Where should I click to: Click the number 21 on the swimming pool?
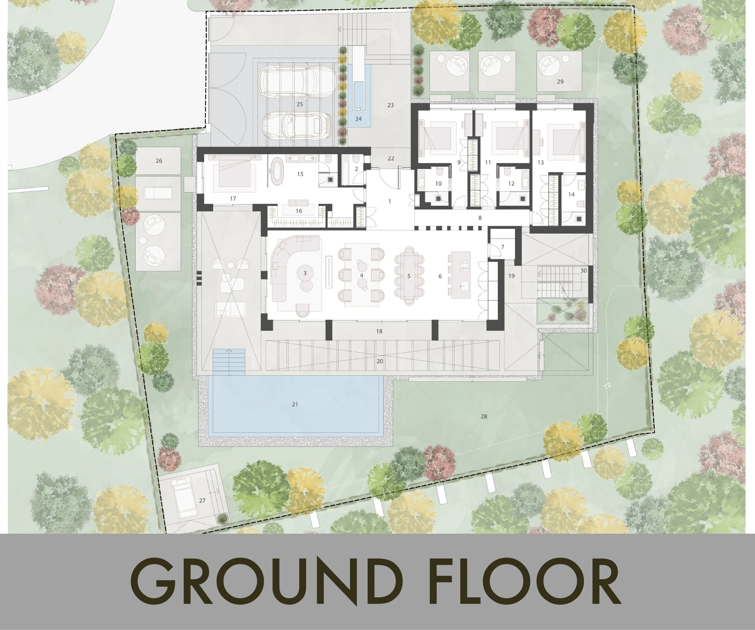point(295,404)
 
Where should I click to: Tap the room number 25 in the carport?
point(300,104)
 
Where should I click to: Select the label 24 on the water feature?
point(358,119)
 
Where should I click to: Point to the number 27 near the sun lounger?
point(202,500)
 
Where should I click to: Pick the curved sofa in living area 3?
point(288,268)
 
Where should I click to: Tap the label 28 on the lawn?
point(484,416)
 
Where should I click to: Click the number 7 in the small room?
point(503,247)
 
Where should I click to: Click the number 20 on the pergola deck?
point(380,361)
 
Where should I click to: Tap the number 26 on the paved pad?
point(159,161)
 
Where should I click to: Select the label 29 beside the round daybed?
point(560,82)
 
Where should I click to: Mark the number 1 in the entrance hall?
point(390,201)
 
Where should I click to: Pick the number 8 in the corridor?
point(480,218)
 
